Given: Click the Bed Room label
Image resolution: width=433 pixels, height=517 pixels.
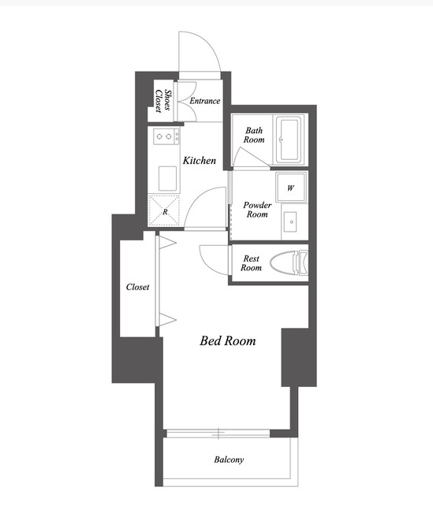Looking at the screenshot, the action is click(228, 340).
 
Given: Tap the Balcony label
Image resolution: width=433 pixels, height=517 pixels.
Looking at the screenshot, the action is click(229, 459).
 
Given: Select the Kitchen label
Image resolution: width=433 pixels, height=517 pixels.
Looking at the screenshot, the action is click(200, 161).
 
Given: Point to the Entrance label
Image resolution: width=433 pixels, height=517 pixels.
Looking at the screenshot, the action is click(204, 101).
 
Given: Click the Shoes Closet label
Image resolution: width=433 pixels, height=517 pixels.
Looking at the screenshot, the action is click(163, 101).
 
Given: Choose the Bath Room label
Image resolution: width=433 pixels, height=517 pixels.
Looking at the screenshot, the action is click(254, 136).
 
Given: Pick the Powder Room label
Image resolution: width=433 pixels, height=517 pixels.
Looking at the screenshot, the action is click(257, 210).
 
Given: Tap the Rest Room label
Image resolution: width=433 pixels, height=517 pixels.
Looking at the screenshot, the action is click(251, 262).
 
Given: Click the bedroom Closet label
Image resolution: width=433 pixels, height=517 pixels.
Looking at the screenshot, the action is click(137, 287).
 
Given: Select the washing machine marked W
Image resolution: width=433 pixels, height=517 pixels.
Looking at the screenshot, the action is click(291, 188).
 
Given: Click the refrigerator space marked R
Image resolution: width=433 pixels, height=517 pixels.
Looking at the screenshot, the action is click(164, 210).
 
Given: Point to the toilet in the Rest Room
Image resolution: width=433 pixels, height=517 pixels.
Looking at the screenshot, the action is click(289, 262).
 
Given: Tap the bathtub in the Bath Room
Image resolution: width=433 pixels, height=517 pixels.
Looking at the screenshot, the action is click(289, 139).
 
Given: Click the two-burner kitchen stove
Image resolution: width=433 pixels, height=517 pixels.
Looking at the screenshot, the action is click(166, 136).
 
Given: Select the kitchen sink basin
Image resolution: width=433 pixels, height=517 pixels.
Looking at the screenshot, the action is click(167, 178).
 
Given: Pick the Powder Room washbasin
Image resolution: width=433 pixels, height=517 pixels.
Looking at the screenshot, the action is click(291, 221).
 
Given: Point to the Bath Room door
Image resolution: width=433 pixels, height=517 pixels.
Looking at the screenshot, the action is click(251, 157).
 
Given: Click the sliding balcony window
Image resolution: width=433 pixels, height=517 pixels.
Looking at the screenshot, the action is click(218, 433).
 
